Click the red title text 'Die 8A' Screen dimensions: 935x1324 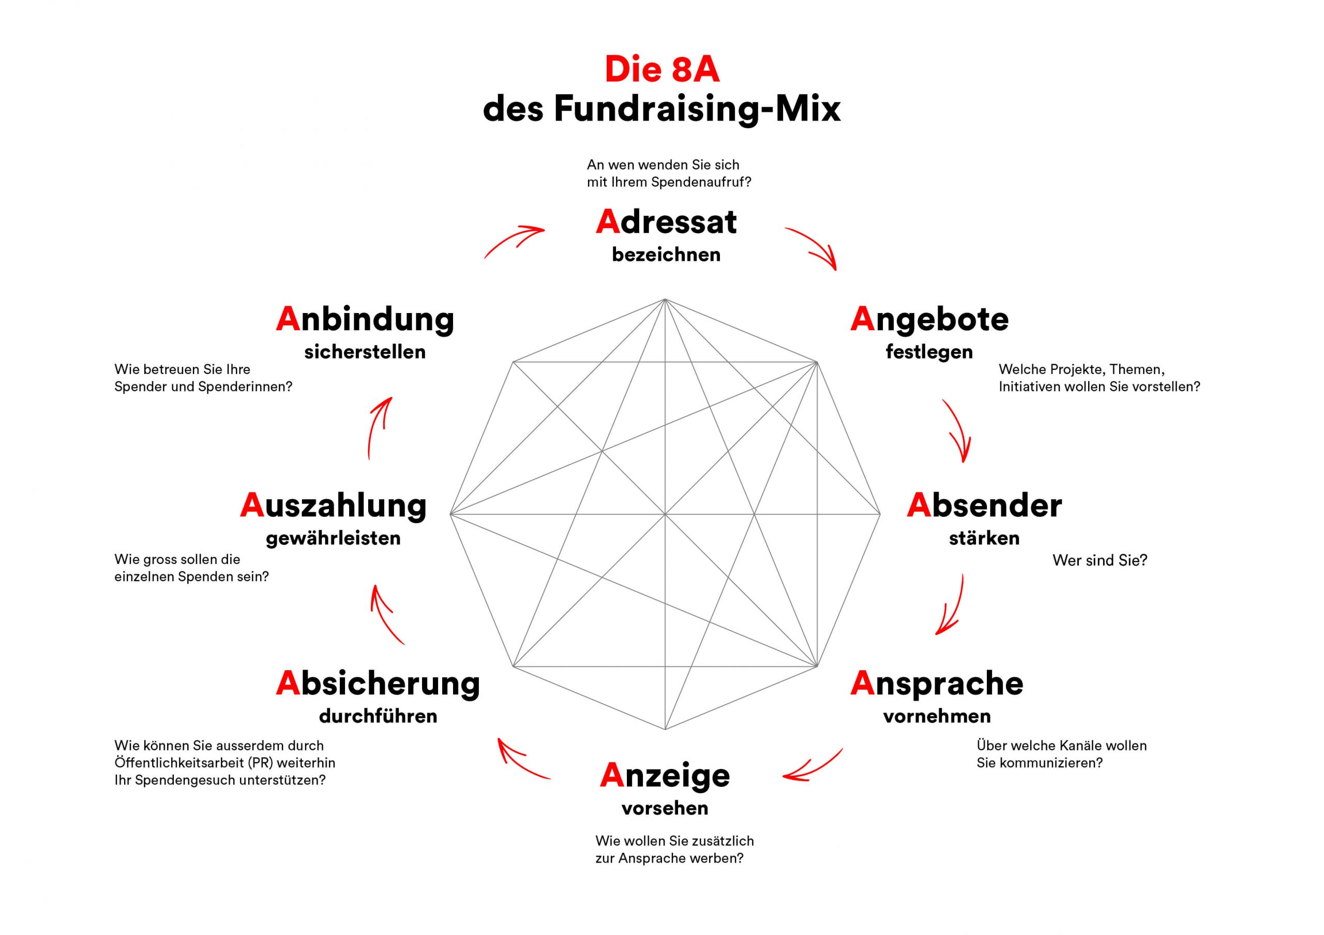tap(661, 70)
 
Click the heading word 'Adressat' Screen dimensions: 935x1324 tap(666, 222)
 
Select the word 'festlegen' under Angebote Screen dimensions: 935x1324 tap(928, 351)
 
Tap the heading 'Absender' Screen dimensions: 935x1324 tap(984, 506)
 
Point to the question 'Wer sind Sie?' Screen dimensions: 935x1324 tap(1099, 560)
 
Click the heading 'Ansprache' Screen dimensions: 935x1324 tap(937, 684)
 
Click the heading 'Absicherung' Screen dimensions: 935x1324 tap(378, 684)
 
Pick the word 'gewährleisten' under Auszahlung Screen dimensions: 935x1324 tap(333, 538)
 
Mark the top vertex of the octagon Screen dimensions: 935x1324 tap(665, 300)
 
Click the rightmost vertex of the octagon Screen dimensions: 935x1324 tap(880, 514)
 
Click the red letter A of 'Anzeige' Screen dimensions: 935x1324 tap(612, 775)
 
